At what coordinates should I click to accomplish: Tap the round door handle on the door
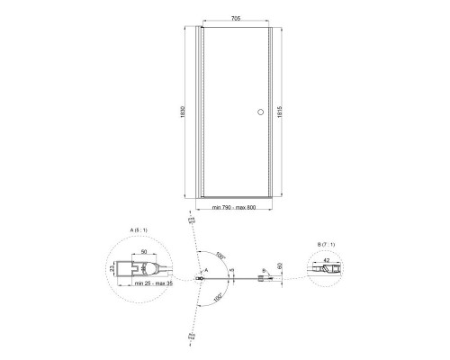[261, 112]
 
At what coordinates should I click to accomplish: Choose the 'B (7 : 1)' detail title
[331, 244]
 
